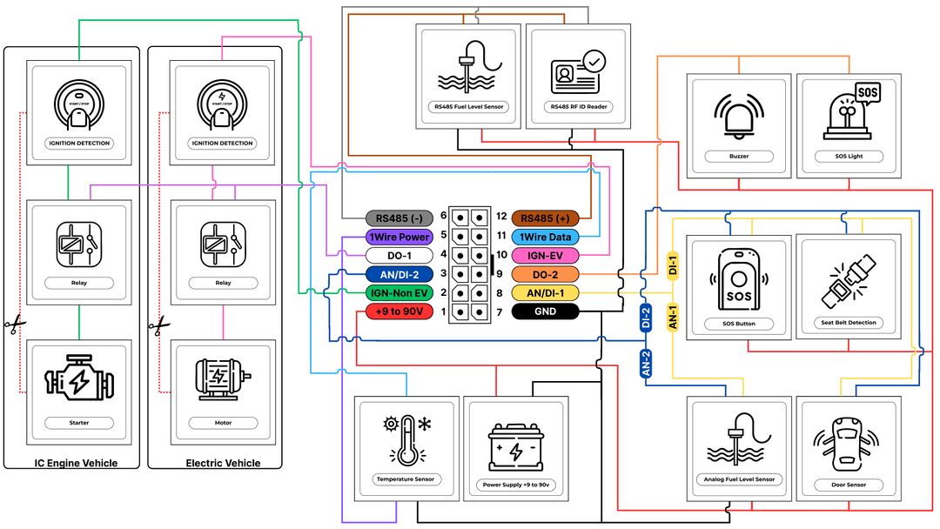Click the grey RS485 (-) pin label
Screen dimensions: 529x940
coord(398,217)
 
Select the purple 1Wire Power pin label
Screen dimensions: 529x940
coord(398,236)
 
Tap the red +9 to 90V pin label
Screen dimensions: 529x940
coord(398,311)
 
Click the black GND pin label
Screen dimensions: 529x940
coord(545,311)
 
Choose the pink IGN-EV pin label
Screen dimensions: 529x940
coord(545,255)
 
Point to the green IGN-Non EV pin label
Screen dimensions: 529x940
coord(398,293)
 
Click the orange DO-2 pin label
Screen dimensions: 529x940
coord(545,274)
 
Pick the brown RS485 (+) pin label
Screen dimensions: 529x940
coord(545,217)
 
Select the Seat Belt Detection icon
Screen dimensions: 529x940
coord(849,278)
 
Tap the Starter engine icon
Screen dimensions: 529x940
coord(78,381)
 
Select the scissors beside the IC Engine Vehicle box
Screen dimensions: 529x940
coord(14,325)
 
